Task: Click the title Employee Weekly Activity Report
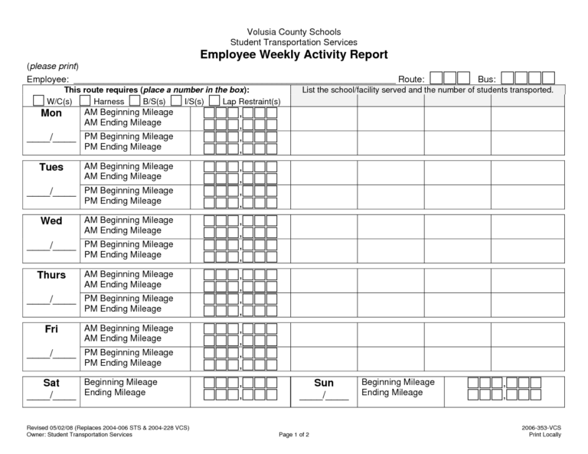pyautogui.click(x=294, y=55)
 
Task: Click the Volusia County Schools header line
pyautogui.click(x=294, y=31)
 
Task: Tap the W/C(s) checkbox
pyautogui.click(x=38, y=101)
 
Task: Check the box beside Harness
pyautogui.click(x=86, y=101)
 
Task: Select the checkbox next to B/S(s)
pyautogui.click(x=135, y=101)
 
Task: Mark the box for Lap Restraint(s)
pyautogui.click(x=215, y=101)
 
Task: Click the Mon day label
pyautogui.click(x=51, y=113)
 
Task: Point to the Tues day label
pyautogui.click(x=51, y=167)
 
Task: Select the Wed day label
pyautogui.click(x=51, y=220)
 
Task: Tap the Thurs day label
pyautogui.click(x=51, y=275)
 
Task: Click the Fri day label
pyautogui.click(x=51, y=328)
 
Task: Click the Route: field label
pyautogui.click(x=411, y=79)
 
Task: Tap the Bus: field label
pyautogui.click(x=487, y=79)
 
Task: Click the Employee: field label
pyautogui.click(x=48, y=79)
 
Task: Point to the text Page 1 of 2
pyautogui.click(x=294, y=435)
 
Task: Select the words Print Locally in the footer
pyautogui.click(x=545, y=435)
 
